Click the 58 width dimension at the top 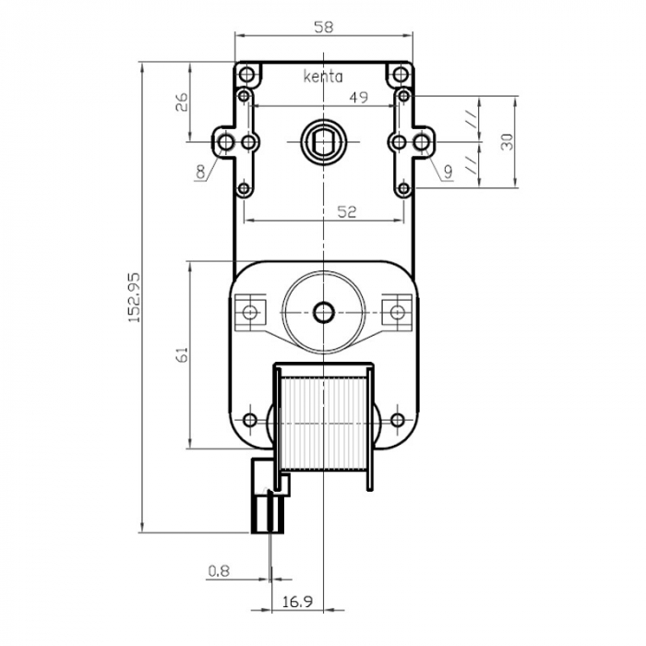323,28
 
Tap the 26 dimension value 182,102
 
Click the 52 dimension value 346,211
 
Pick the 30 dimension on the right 505,141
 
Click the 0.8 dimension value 218,571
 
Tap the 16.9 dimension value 296,602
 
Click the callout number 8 200,171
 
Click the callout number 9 447,171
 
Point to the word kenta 323,78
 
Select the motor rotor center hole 323,312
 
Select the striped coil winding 323,420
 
